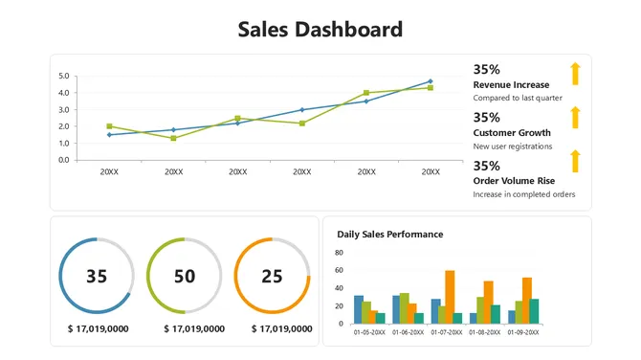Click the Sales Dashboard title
[x=320, y=30]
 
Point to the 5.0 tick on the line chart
[x=64, y=76]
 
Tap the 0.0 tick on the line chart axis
[x=64, y=160]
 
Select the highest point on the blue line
[x=431, y=81]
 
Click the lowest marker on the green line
[x=173, y=138]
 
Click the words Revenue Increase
[x=511, y=85]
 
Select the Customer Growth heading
[x=512, y=133]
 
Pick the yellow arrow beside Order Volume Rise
[x=575, y=160]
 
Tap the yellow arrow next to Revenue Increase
[x=575, y=74]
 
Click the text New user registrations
[x=513, y=146]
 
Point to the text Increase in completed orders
[x=524, y=194]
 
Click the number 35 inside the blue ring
[x=97, y=277]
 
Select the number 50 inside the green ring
[x=185, y=277]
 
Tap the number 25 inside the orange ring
[x=272, y=277]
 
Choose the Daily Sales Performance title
[x=389, y=234]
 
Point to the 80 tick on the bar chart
[x=340, y=253]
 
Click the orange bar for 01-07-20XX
[x=450, y=297]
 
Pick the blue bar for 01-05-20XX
[x=359, y=309]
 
